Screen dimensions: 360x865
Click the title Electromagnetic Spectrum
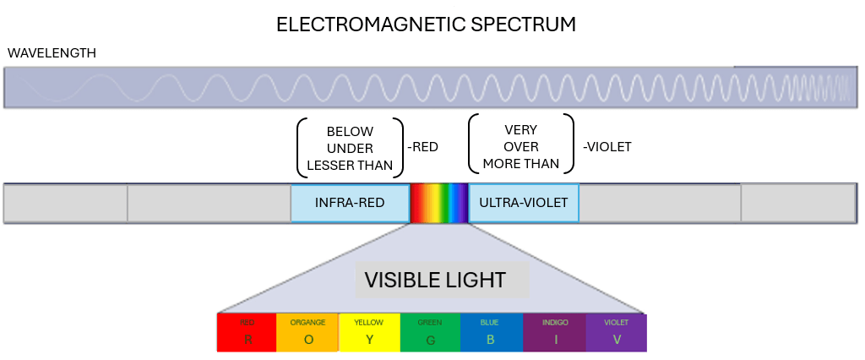click(426, 25)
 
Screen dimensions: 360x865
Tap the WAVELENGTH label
click(52, 53)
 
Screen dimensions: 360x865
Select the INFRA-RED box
click(350, 203)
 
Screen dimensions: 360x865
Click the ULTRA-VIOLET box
click(524, 203)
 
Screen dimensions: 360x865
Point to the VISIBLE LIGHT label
click(435, 280)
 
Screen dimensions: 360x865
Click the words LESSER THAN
click(350, 165)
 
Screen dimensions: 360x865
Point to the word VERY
click(521, 130)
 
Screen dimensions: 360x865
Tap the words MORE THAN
click(521, 163)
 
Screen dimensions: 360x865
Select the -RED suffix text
click(422, 147)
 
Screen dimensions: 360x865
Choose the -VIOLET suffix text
click(607, 147)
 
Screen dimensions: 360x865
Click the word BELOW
click(350, 132)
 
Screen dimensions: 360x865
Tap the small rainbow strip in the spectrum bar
click(438, 203)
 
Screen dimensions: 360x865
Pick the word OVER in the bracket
click(521, 146)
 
